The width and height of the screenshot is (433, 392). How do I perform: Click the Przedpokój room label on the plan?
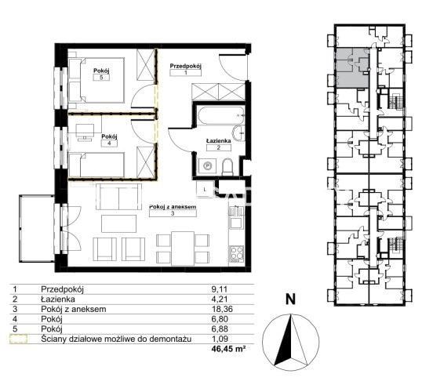[186, 67]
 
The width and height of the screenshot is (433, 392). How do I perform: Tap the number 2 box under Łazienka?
[218, 147]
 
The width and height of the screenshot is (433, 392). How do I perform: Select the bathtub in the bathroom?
[220, 115]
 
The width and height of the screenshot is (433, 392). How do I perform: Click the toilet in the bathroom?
[227, 167]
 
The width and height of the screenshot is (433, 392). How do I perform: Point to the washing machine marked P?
[207, 165]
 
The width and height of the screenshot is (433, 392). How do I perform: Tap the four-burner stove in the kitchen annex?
[237, 253]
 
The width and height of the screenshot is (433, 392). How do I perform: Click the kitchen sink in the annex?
[236, 218]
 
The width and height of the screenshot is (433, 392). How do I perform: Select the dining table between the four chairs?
[183, 249]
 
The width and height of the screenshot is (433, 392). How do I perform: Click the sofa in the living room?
[118, 197]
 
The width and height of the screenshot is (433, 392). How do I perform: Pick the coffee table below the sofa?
[118, 224]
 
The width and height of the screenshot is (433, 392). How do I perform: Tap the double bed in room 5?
[96, 80]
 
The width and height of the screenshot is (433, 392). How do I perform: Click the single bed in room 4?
[96, 165]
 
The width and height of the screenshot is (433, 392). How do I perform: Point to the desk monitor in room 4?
[85, 130]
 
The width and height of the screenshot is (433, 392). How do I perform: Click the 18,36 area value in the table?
[222, 309]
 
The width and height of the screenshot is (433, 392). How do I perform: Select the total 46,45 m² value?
[228, 349]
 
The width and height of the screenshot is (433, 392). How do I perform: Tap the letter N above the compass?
[290, 299]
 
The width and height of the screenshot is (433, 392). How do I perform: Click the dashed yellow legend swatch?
[19, 339]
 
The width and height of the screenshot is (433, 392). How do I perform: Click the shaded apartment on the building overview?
[352, 68]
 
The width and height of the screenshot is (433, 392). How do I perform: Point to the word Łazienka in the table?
[58, 299]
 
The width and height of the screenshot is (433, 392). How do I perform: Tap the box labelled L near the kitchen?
[205, 190]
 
